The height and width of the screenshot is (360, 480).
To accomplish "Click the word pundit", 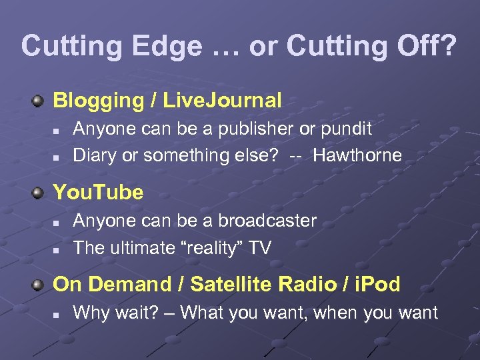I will (x=341, y=129).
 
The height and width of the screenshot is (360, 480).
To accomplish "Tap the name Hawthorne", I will (x=357, y=155).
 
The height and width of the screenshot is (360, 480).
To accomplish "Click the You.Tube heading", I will (x=98, y=193).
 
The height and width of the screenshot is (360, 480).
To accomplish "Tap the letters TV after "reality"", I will (x=259, y=247).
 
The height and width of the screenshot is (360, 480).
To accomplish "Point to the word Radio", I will (x=305, y=285).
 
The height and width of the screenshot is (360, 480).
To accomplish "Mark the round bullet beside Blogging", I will (x=39, y=101).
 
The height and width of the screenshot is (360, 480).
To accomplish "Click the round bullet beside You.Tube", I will (x=39, y=193).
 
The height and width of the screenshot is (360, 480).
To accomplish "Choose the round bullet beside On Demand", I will (x=39, y=285).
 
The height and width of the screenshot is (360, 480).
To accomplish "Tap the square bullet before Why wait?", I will (x=57, y=313).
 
